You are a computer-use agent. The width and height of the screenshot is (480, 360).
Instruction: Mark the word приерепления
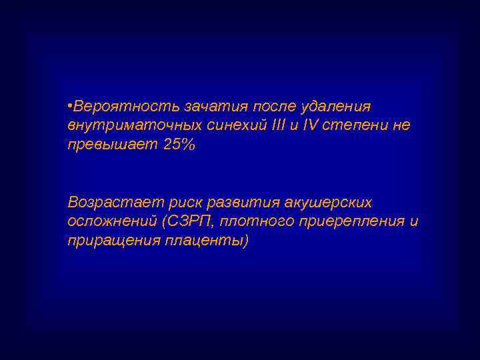tap(353, 221)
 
